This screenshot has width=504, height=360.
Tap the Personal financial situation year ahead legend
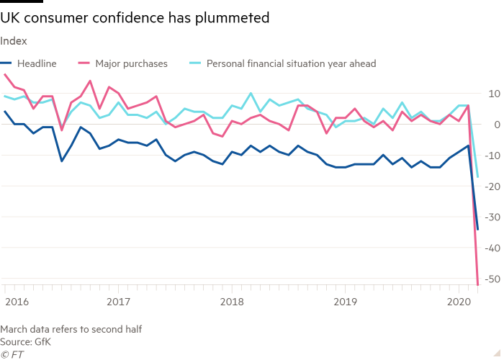pyautogui.click(x=291, y=63)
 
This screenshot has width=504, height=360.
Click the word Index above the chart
pyautogui.click(x=14, y=41)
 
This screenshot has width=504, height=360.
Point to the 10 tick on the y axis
pyautogui.click(x=494, y=94)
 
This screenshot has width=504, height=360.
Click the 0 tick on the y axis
pyautogui.click(x=497, y=125)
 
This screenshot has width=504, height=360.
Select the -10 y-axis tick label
pyautogui.click(x=492, y=156)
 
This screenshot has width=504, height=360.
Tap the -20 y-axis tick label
pyautogui.click(x=492, y=186)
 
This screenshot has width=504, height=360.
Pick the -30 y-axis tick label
pyautogui.click(x=492, y=217)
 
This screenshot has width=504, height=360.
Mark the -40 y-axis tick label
pyautogui.click(x=492, y=248)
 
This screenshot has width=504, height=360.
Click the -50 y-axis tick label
pyautogui.click(x=492, y=279)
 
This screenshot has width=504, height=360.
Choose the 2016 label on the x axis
pyautogui.click(x=15, y=298)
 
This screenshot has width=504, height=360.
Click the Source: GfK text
pyautogui.click(x=26, y=341)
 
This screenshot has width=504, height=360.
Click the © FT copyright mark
pyautogui.click(x=13, y=354)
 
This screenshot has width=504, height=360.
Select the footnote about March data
pyautogui.click(x=71, y=329)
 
